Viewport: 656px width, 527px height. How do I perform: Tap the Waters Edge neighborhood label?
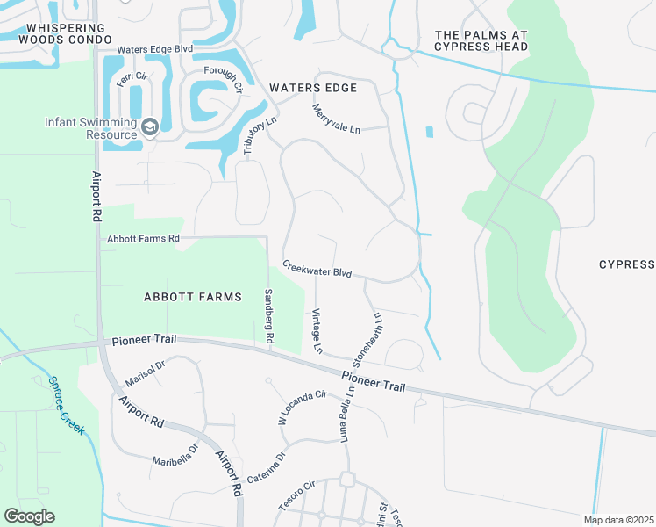point(313,88)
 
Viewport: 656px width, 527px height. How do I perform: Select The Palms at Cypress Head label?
point(481,40)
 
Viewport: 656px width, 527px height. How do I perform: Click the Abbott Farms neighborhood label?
point(192,297)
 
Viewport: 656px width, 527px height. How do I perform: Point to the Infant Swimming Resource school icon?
point(149,128)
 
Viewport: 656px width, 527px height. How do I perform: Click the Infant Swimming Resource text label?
point(91,128)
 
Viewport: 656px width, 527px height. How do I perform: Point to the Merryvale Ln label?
point(337,118)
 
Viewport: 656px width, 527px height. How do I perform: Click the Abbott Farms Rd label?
point(143,238)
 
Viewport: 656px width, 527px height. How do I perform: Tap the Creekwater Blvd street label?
point(317,269)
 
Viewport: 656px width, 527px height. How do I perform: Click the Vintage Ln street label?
point(317,332)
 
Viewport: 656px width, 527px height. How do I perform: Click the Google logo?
point(29,516)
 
